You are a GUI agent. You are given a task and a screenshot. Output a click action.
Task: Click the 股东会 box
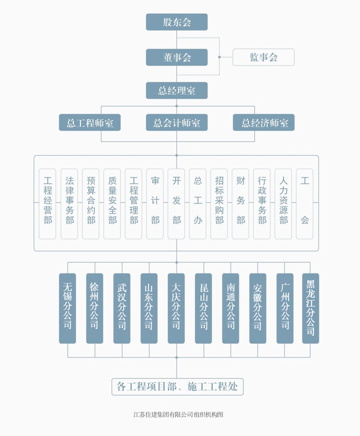tap(176, 22)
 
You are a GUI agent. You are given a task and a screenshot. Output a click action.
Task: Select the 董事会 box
tap(176, 57)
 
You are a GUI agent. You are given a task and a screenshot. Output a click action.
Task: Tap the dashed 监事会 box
tap(263, 57)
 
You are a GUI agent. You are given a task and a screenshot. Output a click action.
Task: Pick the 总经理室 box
tap(176, 90)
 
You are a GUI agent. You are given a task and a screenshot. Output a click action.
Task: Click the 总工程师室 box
tap(90, 123)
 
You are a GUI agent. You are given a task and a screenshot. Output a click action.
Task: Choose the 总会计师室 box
tap(176, 123)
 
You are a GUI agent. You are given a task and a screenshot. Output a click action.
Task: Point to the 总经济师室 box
tap(263, 123)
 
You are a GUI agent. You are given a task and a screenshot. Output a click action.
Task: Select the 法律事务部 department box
tap(69, 203)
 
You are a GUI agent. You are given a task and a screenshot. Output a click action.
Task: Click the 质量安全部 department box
tap(112, 203)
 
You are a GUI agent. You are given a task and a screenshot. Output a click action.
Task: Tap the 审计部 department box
tap(155, 203)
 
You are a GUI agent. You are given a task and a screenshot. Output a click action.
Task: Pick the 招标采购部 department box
tap(219, 203)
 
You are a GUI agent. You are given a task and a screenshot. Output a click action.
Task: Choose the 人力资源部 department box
tap(283, 203)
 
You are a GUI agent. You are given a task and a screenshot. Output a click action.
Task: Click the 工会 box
tap(305, 203)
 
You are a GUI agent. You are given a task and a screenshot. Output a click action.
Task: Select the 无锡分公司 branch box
tap(67, 308)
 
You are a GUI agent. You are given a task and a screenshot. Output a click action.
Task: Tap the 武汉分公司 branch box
tap(121, 308)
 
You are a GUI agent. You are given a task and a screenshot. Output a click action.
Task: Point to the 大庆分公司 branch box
tap(176, 308)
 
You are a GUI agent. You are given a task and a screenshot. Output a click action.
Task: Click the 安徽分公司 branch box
tap(257, 308)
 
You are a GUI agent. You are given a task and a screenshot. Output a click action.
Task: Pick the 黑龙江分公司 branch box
tap(310, 308)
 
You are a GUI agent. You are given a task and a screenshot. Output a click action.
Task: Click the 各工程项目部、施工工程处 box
tap(177, 387)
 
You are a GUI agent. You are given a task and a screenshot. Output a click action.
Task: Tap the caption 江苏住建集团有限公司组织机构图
tap(179, 414)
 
